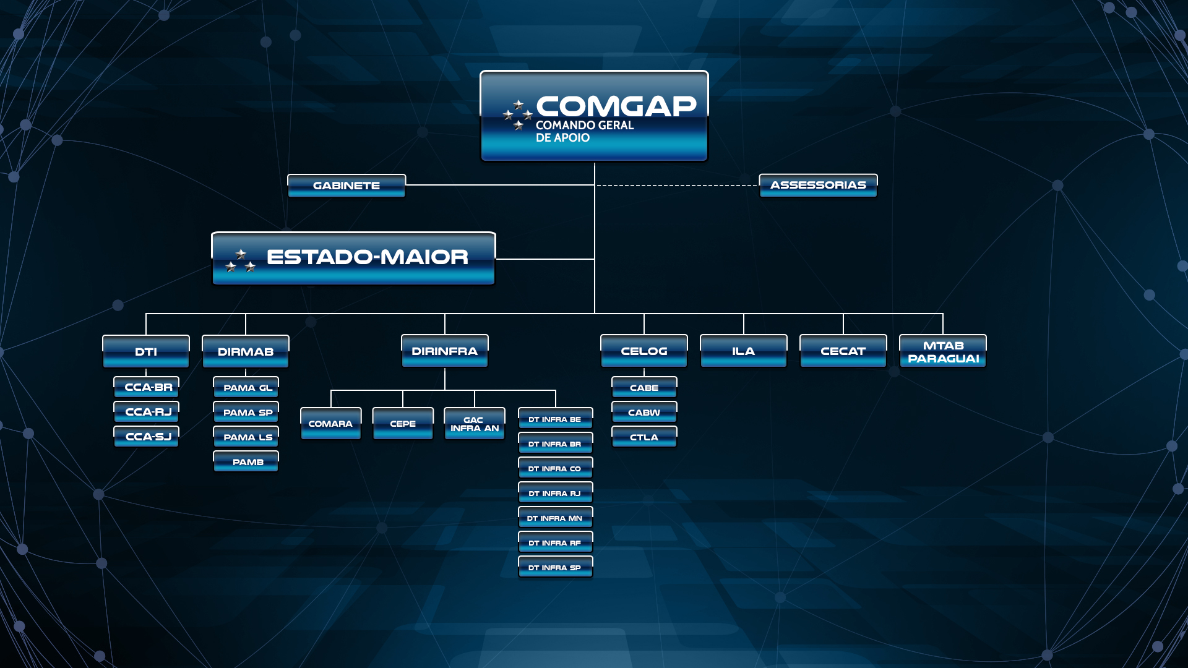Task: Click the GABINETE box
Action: coord(346,186)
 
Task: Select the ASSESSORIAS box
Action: coord(818,185)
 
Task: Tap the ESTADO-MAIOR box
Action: coord(353,259)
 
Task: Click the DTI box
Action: coord(146,351)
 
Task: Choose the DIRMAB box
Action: coord(246,351)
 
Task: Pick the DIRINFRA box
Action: coord(445,351)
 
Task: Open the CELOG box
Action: coord(644,351)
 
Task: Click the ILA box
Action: coord(744,351)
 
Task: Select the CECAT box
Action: coord(843,351)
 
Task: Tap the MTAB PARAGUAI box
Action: coord(943,351)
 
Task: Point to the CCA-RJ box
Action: coord(147,412)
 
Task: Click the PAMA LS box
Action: coord(246,437)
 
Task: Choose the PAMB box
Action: coord(246,461)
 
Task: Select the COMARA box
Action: coord(331,424)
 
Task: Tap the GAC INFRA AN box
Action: coord(475,424)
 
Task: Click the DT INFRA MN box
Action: coord(556,518)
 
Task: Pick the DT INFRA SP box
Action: coord(556,567)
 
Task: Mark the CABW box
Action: coord(644,412)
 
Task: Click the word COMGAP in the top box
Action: coord(616,106)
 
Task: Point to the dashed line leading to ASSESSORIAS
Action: coord(677,185)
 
